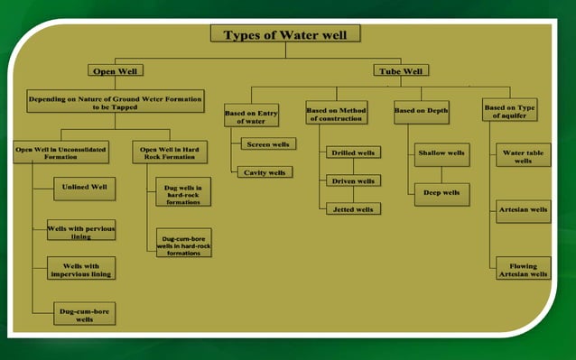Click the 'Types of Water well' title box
click(285, 34)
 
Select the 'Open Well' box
click(115, 70)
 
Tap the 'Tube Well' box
click(401, 70)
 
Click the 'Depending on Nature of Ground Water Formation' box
click(115, 99)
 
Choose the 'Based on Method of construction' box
click(339, 113)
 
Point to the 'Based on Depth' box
click(422, 110)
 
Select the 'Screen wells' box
click(268, 144)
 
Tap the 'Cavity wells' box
click(265, 171)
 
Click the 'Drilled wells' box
click(354, 152)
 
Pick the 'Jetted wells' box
click(354, 208)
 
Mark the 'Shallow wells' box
click(441, 153)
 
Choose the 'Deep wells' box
click(441, 192)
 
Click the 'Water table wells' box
click(523, 156)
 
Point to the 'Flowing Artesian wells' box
click(523, 270)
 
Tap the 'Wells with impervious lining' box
click(80, 269)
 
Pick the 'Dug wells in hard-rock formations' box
click(183, 191)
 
